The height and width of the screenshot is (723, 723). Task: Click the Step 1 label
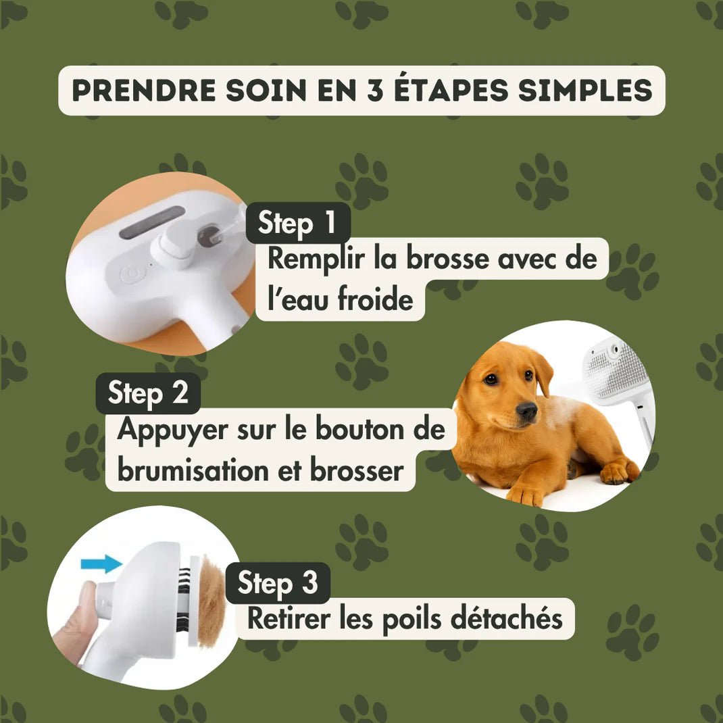tap(297, 223)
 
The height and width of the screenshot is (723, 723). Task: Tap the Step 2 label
tap(148, 393)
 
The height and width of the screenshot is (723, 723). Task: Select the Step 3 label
tap(277, 583)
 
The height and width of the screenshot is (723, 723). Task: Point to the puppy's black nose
tap(526, 410)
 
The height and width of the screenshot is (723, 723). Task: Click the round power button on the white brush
tap(128, 274)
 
